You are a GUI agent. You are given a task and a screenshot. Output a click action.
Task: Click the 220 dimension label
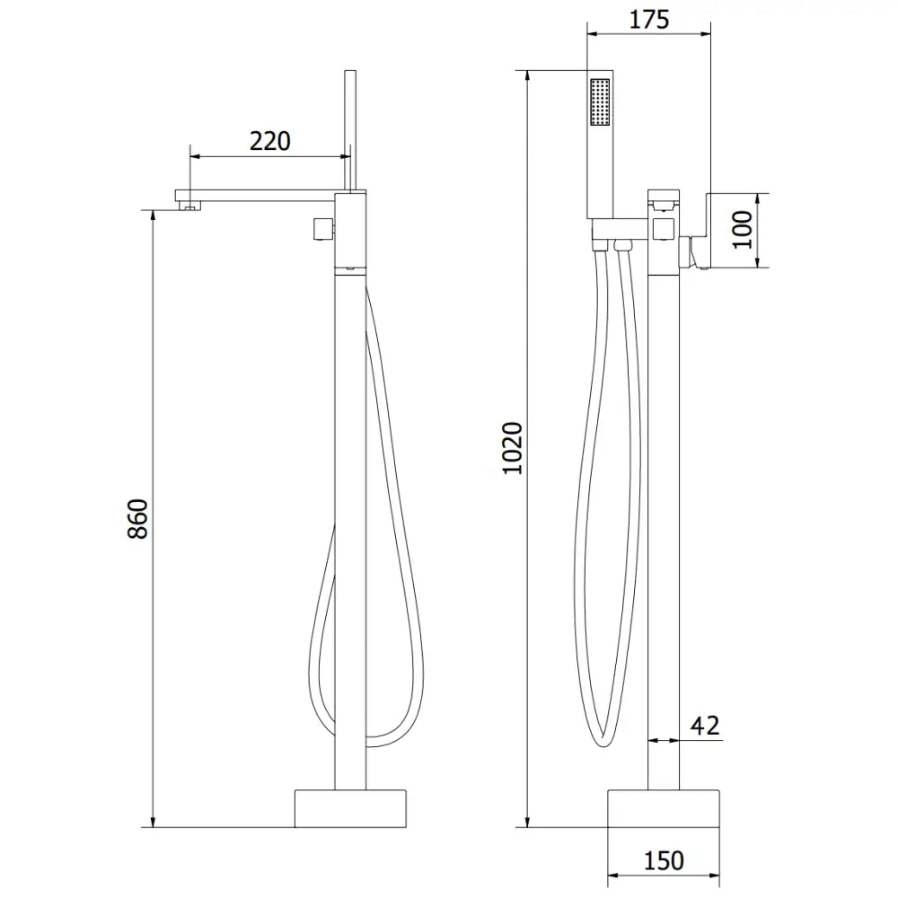(x=270, y=141)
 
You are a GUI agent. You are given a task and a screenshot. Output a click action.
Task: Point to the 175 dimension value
(x=649, y=20)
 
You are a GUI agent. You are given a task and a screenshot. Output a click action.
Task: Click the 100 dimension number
(x=743, y=230)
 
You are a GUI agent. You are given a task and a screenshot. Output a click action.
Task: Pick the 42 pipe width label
(x=706, y=726)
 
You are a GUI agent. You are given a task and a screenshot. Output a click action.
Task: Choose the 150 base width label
(x=664, y=860)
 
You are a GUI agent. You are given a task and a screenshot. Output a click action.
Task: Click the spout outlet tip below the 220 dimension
(x=189, y=208)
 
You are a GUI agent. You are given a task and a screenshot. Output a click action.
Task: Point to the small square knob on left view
(x=321, y=229)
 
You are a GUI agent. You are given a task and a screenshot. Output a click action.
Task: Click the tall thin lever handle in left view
(x=350, y=126)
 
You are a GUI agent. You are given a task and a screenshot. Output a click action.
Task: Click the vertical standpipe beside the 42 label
(x=665, y=539)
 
